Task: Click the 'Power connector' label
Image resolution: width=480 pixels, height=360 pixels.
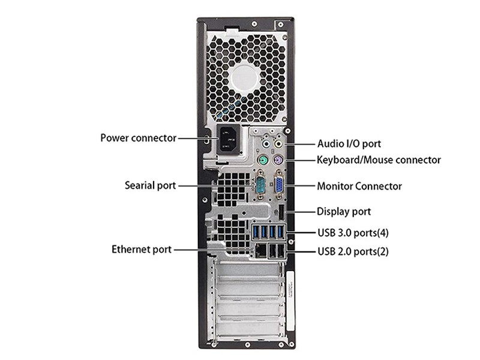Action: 139,138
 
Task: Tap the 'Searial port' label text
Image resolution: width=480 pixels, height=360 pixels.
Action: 150,185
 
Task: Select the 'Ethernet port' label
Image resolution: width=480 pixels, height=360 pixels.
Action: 142,250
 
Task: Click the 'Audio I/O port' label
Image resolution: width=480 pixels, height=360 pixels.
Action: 349,143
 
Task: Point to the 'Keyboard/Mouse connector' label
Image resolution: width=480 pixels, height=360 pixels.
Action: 379,160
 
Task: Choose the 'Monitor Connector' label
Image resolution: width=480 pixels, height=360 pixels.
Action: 359,186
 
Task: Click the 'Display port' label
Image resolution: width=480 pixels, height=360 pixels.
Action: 344,212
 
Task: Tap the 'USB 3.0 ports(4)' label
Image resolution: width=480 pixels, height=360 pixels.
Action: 353,233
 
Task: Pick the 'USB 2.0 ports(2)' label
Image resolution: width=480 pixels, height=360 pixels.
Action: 353,251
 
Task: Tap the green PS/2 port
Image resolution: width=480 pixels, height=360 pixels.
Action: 262,160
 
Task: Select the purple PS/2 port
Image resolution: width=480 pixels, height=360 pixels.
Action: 278,160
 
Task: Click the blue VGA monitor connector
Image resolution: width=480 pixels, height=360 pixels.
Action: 279,185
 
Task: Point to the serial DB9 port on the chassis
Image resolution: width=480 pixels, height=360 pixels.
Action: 260,185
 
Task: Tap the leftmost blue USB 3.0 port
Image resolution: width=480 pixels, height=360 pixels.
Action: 256,232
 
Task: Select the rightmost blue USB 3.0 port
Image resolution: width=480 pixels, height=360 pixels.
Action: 280,232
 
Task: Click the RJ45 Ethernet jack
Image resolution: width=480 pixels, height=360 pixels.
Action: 260,251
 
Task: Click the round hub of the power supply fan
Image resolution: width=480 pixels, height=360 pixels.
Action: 244,79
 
